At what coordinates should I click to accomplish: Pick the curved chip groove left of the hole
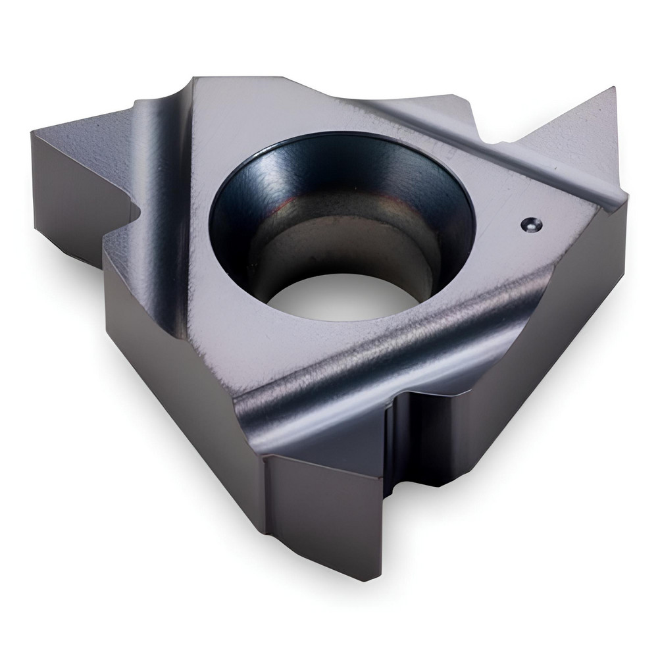pos(168,197)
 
